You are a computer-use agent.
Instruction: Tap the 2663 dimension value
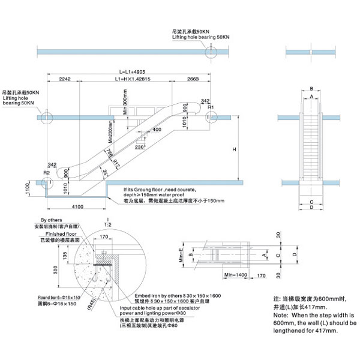(x=193, y=79)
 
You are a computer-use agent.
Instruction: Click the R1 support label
(x=211, y=107)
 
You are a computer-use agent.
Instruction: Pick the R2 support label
(x=46, y=173)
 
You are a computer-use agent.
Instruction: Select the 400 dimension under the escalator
(x=157, y=130)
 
